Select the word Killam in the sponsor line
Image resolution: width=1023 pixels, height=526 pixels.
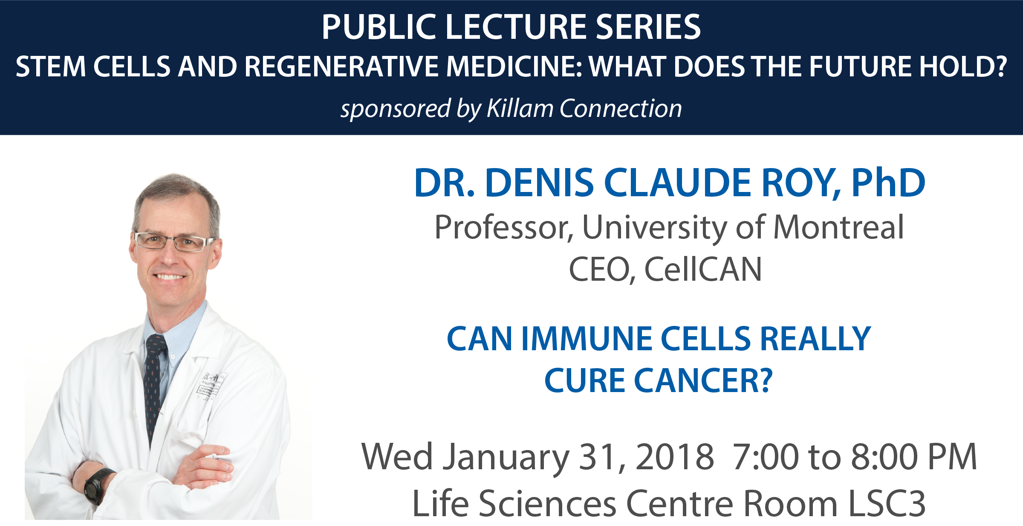click(520, 108)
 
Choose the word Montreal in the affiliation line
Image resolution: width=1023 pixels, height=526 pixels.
click(838, 227)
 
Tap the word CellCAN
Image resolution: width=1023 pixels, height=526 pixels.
click(703, 270)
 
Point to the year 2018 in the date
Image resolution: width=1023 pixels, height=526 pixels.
click(675, 457)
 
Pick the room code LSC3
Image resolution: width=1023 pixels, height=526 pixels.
click(887, 503)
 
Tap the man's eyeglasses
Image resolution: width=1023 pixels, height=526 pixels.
click(174, 242)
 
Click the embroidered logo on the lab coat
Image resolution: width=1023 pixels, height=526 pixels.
click(210, 386)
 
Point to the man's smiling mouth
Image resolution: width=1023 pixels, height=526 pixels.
click(170, 277)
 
